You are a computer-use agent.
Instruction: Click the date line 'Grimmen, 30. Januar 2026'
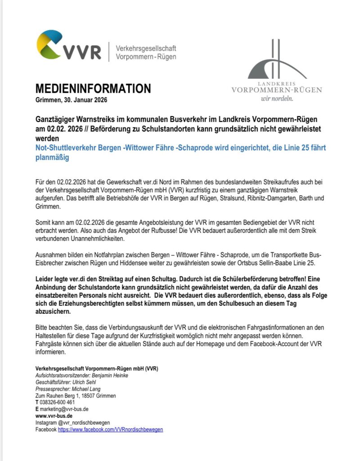[71, 99]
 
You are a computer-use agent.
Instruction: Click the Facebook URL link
[110, 429]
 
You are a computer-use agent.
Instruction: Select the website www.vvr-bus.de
[54, 416]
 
